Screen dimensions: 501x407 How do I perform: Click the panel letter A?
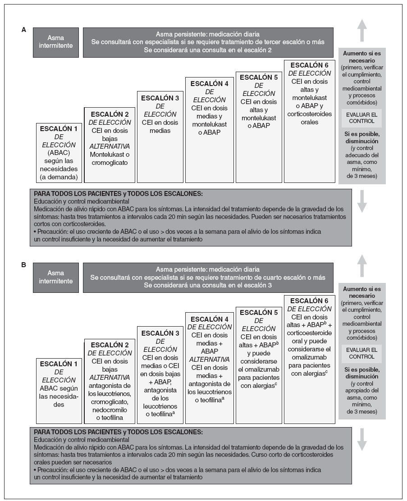pos(24,30)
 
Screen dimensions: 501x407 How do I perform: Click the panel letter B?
pos(24,265)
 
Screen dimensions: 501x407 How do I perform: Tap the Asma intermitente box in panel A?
pos(56,42)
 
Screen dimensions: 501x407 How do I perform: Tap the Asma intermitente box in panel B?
pos(56,277)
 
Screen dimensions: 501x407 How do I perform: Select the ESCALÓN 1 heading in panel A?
pos(59,129)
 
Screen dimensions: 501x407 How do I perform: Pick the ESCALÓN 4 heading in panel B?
pos(209,319)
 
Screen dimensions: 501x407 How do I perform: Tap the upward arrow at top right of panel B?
pos(362,266)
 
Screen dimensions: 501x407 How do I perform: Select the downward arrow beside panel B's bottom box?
pos(362,440)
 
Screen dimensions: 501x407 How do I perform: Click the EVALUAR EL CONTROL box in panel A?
pos(361,118)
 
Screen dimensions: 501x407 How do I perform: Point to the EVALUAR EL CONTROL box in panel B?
pos(361,354)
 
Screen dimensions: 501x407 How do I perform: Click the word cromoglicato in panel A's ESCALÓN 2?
pos(109,163)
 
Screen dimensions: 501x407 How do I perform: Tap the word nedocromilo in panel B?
pos(109,410)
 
